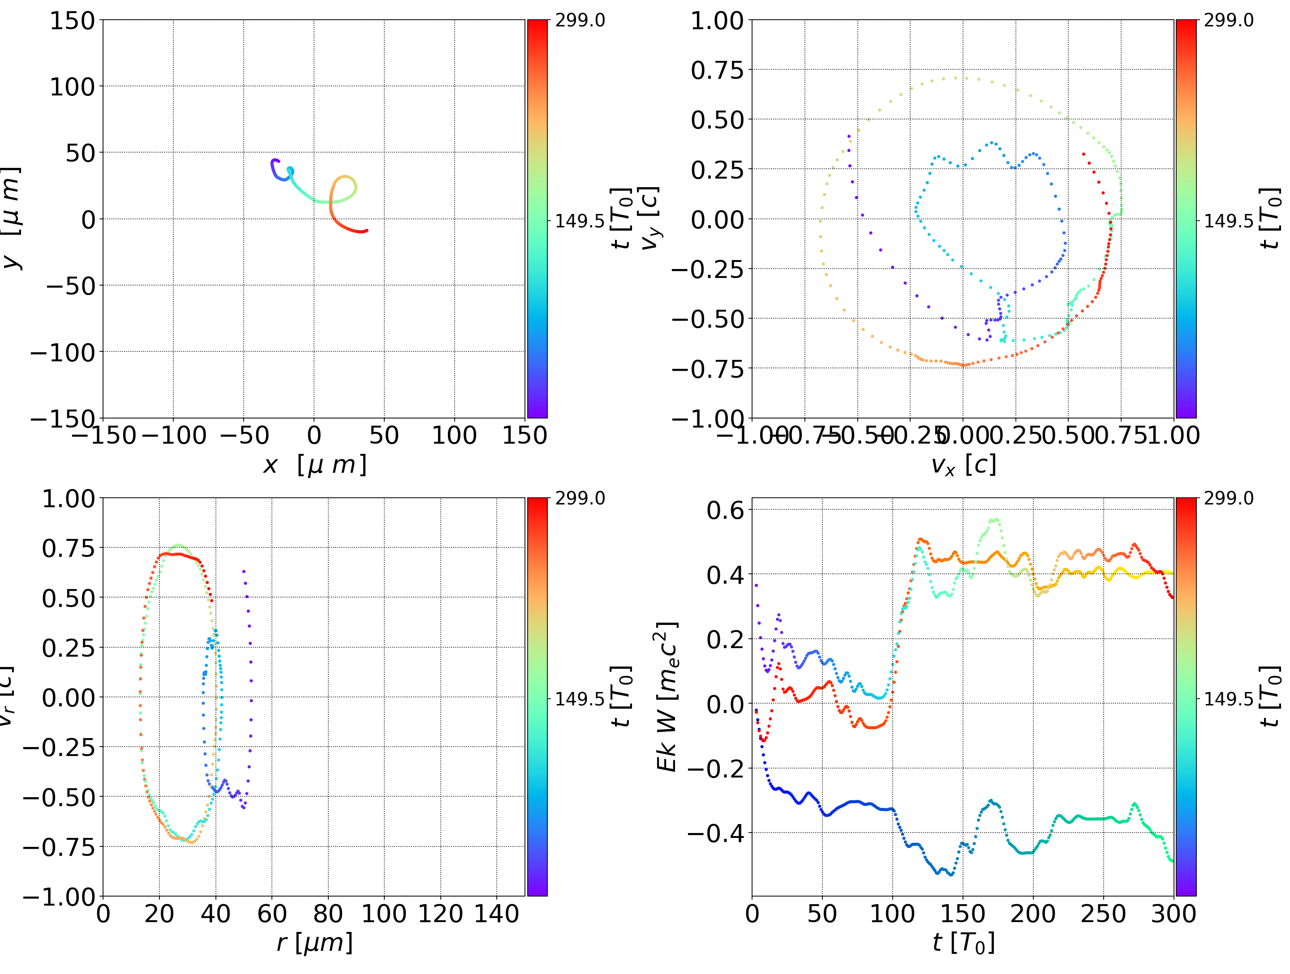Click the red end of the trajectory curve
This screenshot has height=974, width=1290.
pos(366,231)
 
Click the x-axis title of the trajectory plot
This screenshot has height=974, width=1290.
pos(314,465)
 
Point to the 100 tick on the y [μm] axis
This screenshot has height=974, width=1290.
pos(72,87)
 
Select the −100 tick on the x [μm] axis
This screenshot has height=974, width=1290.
pos(174,436)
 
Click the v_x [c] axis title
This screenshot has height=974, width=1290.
pos(963,465)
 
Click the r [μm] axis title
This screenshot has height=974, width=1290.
pos(314,943)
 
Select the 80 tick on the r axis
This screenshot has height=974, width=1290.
pos(328,914)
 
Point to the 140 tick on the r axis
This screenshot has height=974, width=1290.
pos(496,914)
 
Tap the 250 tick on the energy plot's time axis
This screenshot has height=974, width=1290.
pos(1103,914)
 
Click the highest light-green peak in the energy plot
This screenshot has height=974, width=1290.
pos(995,519)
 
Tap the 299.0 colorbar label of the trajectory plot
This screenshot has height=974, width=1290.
pos(580,21)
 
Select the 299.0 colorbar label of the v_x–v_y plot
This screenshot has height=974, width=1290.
pos(1228,21)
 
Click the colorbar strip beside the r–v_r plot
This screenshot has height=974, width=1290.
pos(537,696)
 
